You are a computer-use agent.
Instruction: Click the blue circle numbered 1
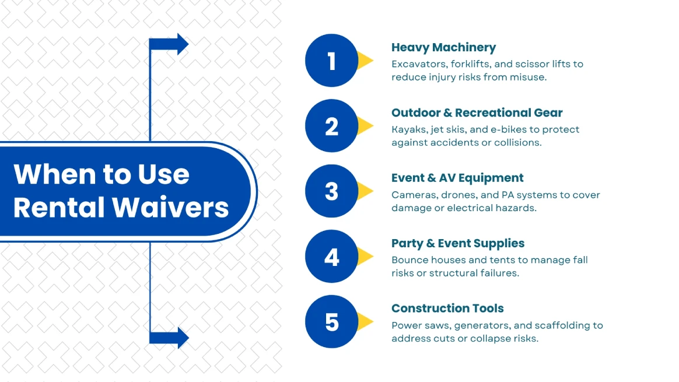(331, 61)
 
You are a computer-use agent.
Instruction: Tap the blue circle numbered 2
(331, 126)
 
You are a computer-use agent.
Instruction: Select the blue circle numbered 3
(331, 191)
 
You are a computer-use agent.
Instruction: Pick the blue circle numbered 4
(331, 257)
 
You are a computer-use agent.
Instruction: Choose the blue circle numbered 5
(331, 322)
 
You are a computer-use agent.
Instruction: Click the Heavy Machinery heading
(443, 48)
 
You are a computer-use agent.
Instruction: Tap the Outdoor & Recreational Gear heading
(477, 113)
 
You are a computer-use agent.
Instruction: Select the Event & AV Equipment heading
(457, 178)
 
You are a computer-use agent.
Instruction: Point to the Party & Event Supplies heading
(458, 244)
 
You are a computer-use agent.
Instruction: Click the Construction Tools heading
(447, 309)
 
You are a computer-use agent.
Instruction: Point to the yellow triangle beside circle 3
(366, 191)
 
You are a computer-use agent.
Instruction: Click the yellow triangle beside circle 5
(366, 321)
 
